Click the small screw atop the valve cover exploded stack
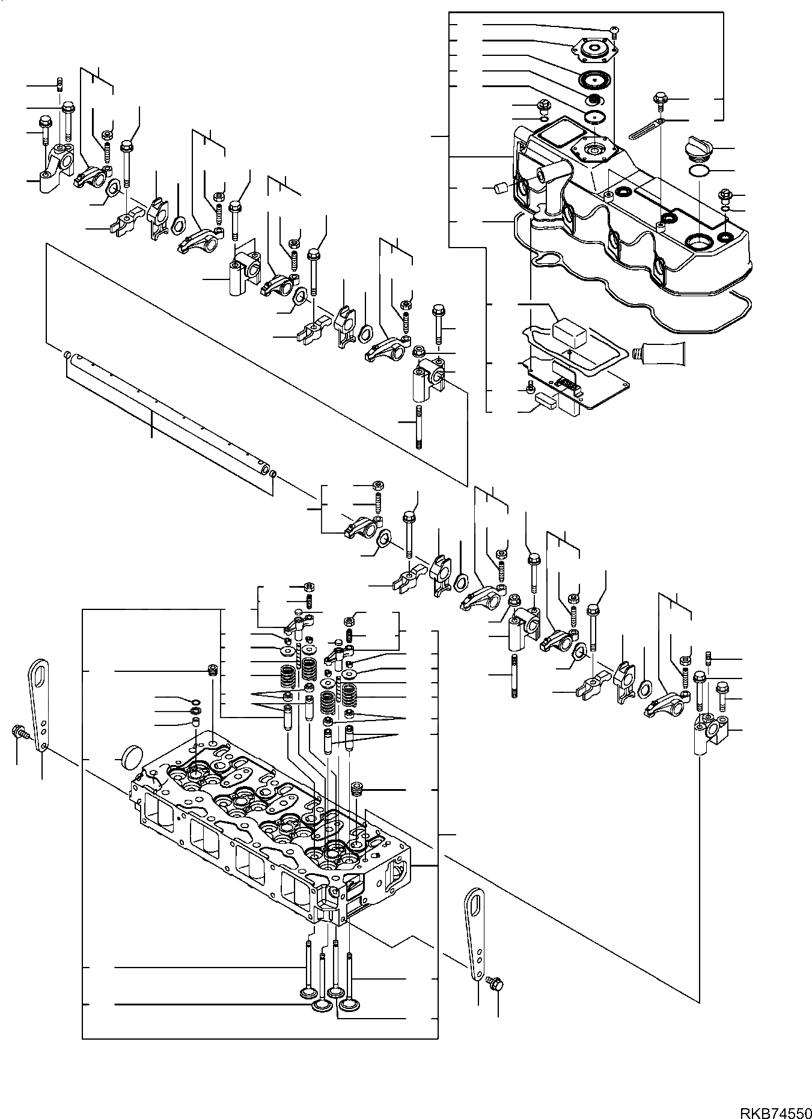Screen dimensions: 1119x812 614,29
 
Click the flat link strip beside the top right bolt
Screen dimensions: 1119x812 646,129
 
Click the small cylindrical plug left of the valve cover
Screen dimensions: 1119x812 498,190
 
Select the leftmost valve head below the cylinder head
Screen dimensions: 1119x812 311,989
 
